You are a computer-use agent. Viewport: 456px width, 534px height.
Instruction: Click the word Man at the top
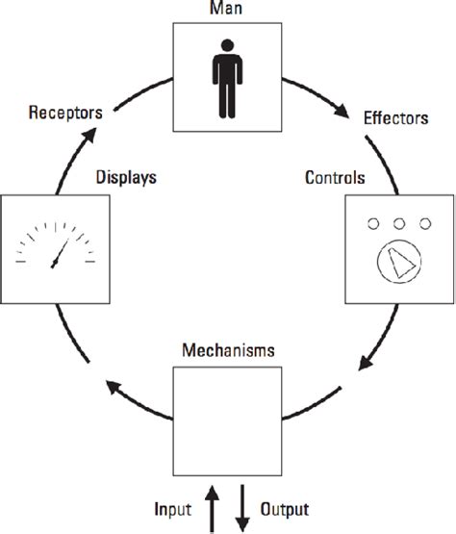coord(227,9)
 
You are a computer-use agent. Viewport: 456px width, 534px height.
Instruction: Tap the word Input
coord(176,507)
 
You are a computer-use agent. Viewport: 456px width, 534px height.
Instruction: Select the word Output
coord(284,507)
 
